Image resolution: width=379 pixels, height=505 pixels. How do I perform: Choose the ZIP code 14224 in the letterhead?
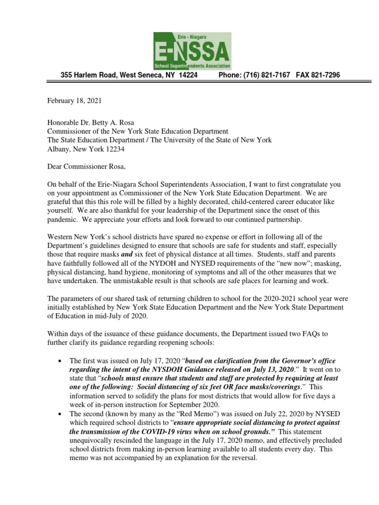[188, 74]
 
